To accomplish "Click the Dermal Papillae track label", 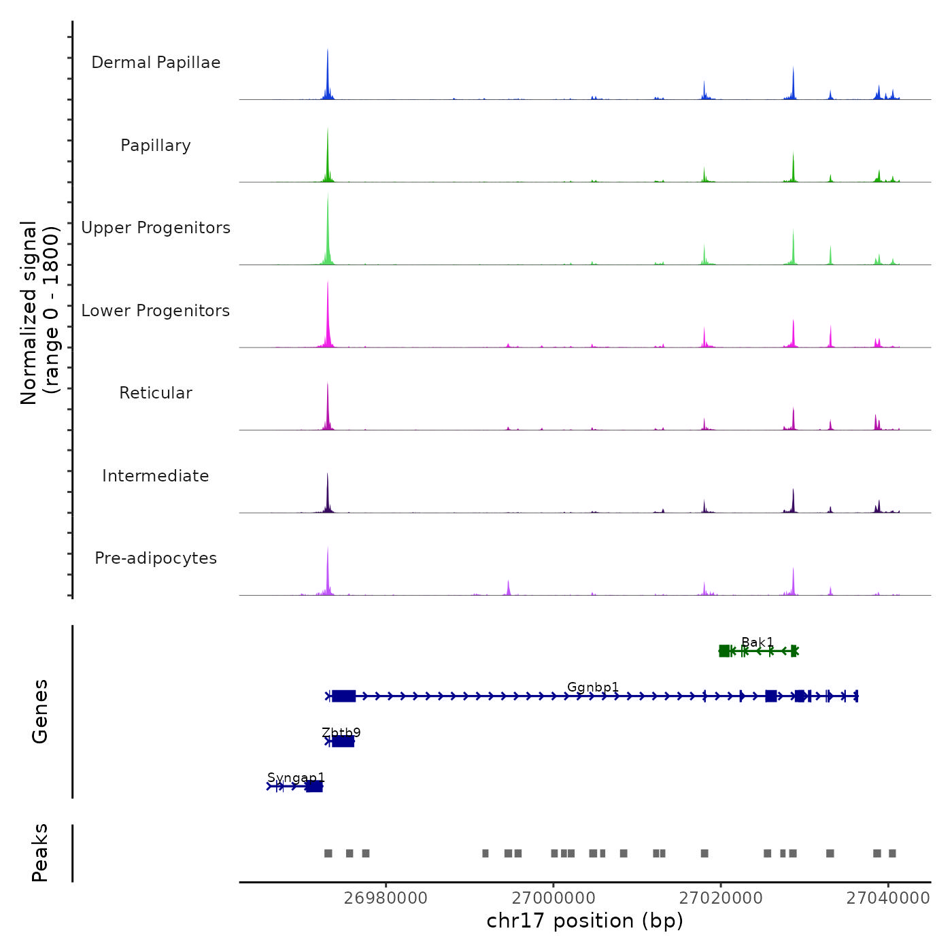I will pos(156,63).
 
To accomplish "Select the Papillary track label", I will pos(156,146).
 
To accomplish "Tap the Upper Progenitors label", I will pos(156,228).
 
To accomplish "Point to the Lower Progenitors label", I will pos(156,311).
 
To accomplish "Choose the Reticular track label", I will pos(156,393).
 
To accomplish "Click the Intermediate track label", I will pos(156,476).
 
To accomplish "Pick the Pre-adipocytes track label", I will pos(156,558).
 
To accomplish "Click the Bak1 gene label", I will pos(758,643).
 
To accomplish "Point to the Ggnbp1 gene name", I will pos(593,687).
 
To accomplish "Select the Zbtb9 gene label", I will pos(341,732).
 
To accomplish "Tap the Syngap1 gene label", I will pos(296,777).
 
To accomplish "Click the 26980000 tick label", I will pos(386,898).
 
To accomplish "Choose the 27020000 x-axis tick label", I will pos(721,898).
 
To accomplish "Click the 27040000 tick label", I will pos(888,898).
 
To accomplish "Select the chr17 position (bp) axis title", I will pos(585,921).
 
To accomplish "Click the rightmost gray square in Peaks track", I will pos(892,853).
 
